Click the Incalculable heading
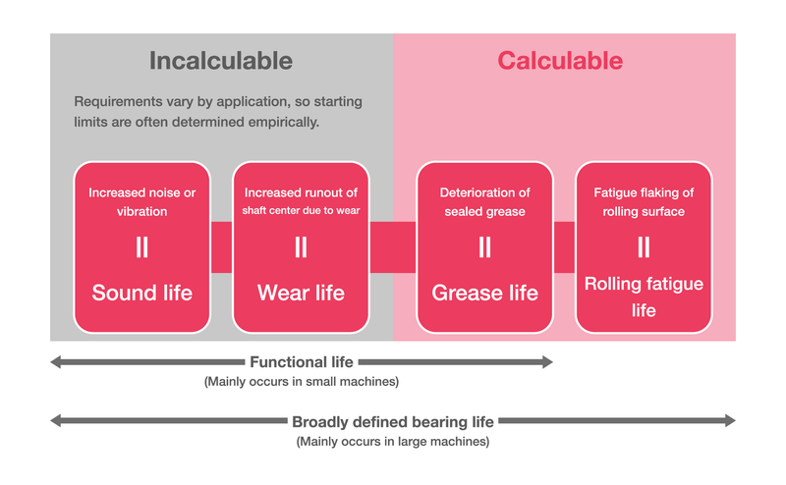coord(221,61)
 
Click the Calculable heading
coord(559,61)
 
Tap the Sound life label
coord(141,293)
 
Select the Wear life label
coord(301,293)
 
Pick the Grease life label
coord(484,293)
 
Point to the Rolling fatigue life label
coord(644,296)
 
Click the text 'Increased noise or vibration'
coord(141,201)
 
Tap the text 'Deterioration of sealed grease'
coord(484,201)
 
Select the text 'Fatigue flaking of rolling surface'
coord(644,201)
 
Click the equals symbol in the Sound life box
coord(141,247)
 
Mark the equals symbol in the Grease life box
coord(484,247)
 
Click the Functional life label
coord(301,362)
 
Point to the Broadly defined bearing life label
coord(393,421)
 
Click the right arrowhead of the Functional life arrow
coord(547,362)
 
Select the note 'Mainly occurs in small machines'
coord(301,381)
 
